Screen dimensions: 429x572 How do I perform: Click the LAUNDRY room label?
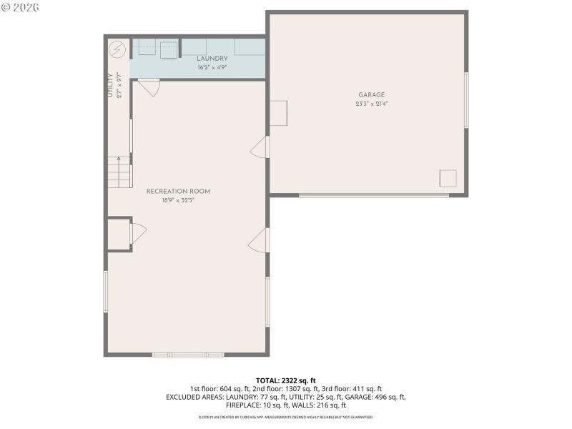pos(212,59)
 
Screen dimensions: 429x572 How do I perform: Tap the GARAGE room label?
pos(371,94)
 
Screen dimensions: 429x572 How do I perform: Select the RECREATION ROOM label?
pos(178,191)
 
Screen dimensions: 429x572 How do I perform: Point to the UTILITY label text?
pos(110,85)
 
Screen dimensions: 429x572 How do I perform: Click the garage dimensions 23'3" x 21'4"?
pos(371,104)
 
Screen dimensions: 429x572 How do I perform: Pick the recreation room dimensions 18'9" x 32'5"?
pos(178,200)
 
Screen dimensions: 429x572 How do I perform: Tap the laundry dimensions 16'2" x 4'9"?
pos(212,67)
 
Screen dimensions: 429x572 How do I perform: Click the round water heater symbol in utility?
pos(118,50)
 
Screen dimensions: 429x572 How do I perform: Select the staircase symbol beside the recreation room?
pos(119,172)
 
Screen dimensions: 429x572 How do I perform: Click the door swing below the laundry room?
pos(149,88)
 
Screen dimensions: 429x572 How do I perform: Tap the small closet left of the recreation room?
pos(118,234)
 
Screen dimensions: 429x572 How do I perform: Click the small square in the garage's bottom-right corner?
pos(448,178)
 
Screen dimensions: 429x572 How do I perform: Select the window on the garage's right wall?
pos(466,100)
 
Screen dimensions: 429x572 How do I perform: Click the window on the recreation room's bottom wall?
pos(188,354)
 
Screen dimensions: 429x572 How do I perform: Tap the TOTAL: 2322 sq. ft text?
pos(285,380)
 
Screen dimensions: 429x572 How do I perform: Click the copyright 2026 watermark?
pos(20,7)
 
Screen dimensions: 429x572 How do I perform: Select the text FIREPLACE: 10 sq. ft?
pos(255,405)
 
